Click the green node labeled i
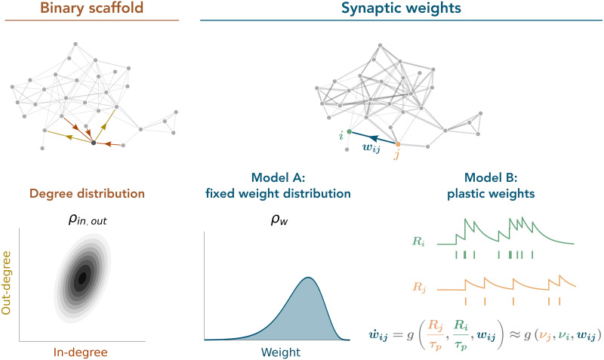349,132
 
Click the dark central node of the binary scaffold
93,143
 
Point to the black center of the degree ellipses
82,278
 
